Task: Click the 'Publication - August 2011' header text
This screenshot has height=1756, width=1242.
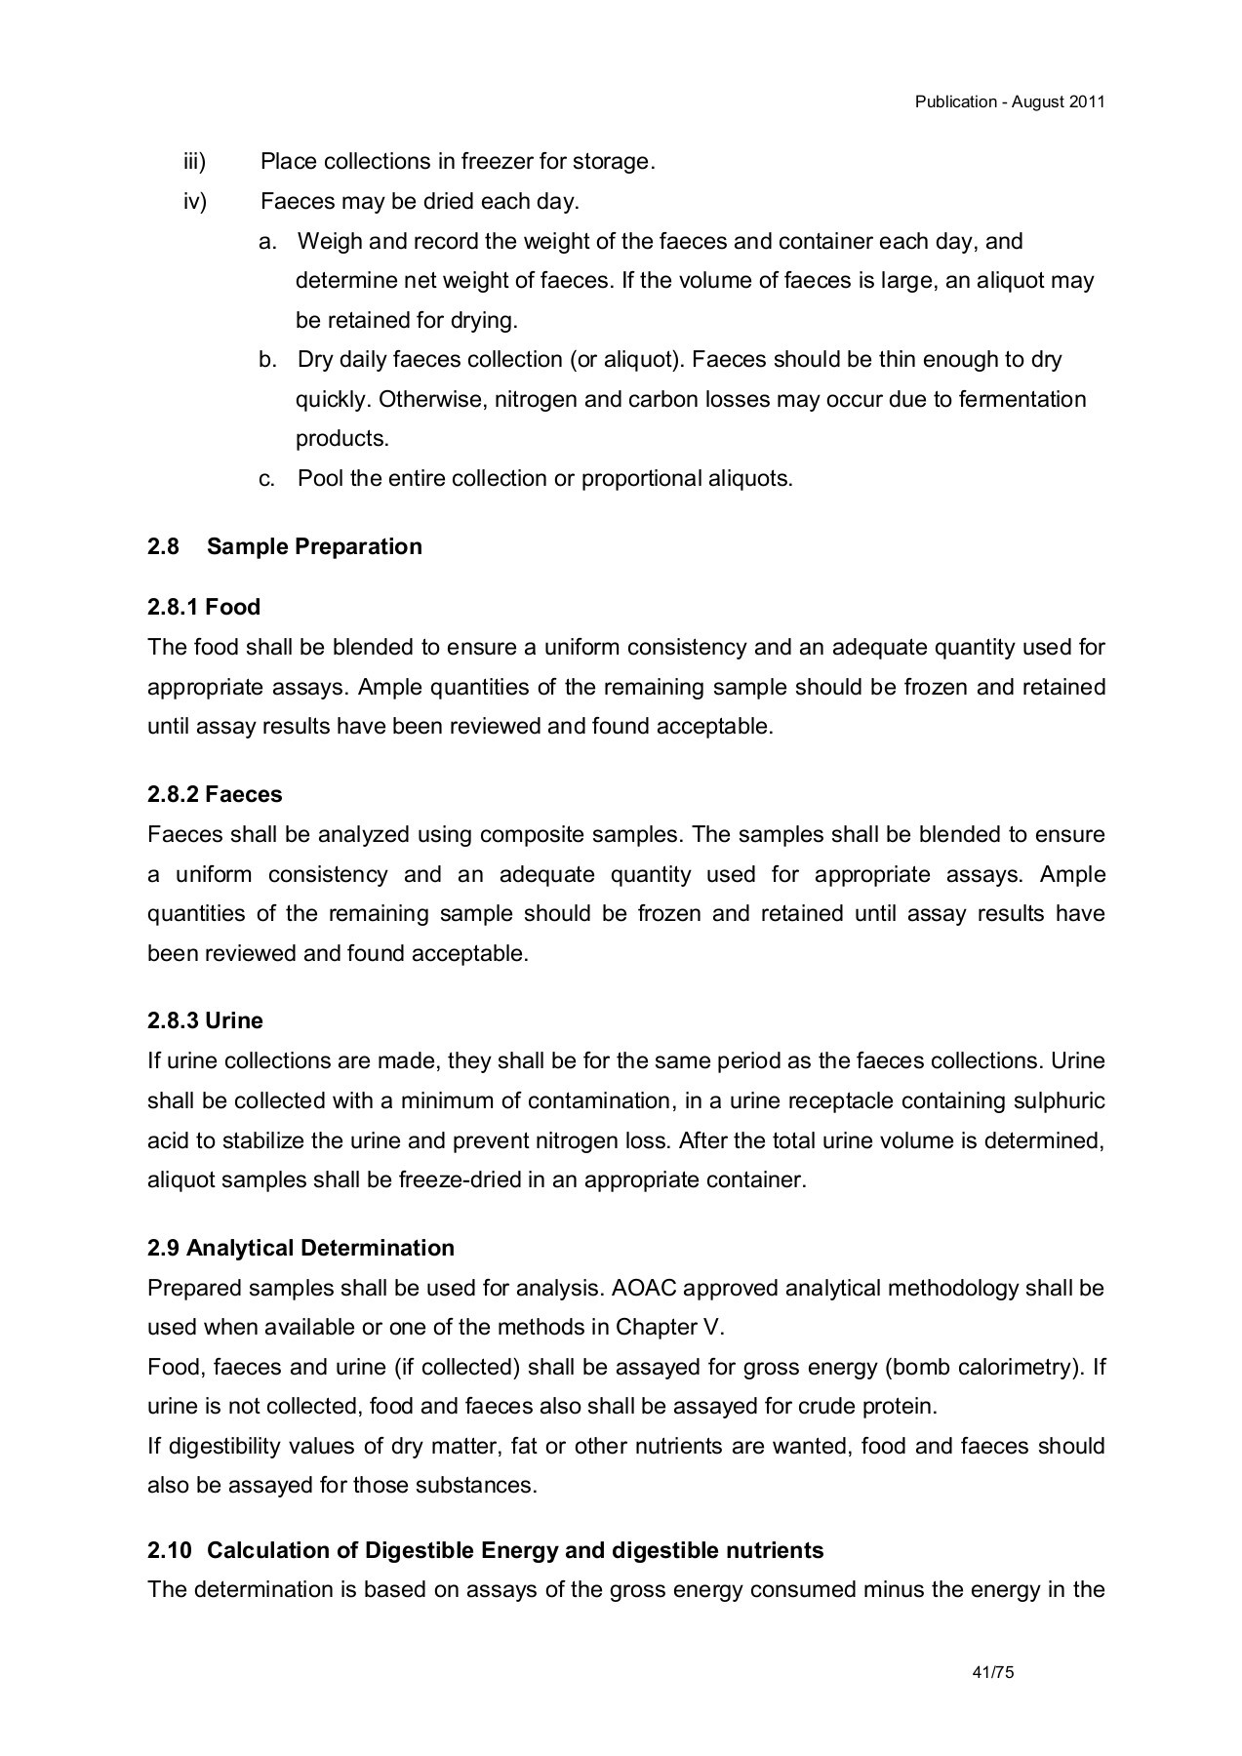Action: click(x=1009, y=101)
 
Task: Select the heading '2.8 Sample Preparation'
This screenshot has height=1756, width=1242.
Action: click(x=284, y=546)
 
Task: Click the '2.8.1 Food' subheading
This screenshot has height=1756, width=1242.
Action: click(x=204, y=607)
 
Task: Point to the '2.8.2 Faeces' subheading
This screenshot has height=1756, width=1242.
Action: click(x=215, y=794)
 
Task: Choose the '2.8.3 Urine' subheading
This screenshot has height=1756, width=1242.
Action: click(x=205, y=1020)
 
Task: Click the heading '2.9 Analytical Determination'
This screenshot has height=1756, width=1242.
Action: click(x=300, y=1248)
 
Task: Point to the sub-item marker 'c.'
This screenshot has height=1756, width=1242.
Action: click(x=266, y=478)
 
